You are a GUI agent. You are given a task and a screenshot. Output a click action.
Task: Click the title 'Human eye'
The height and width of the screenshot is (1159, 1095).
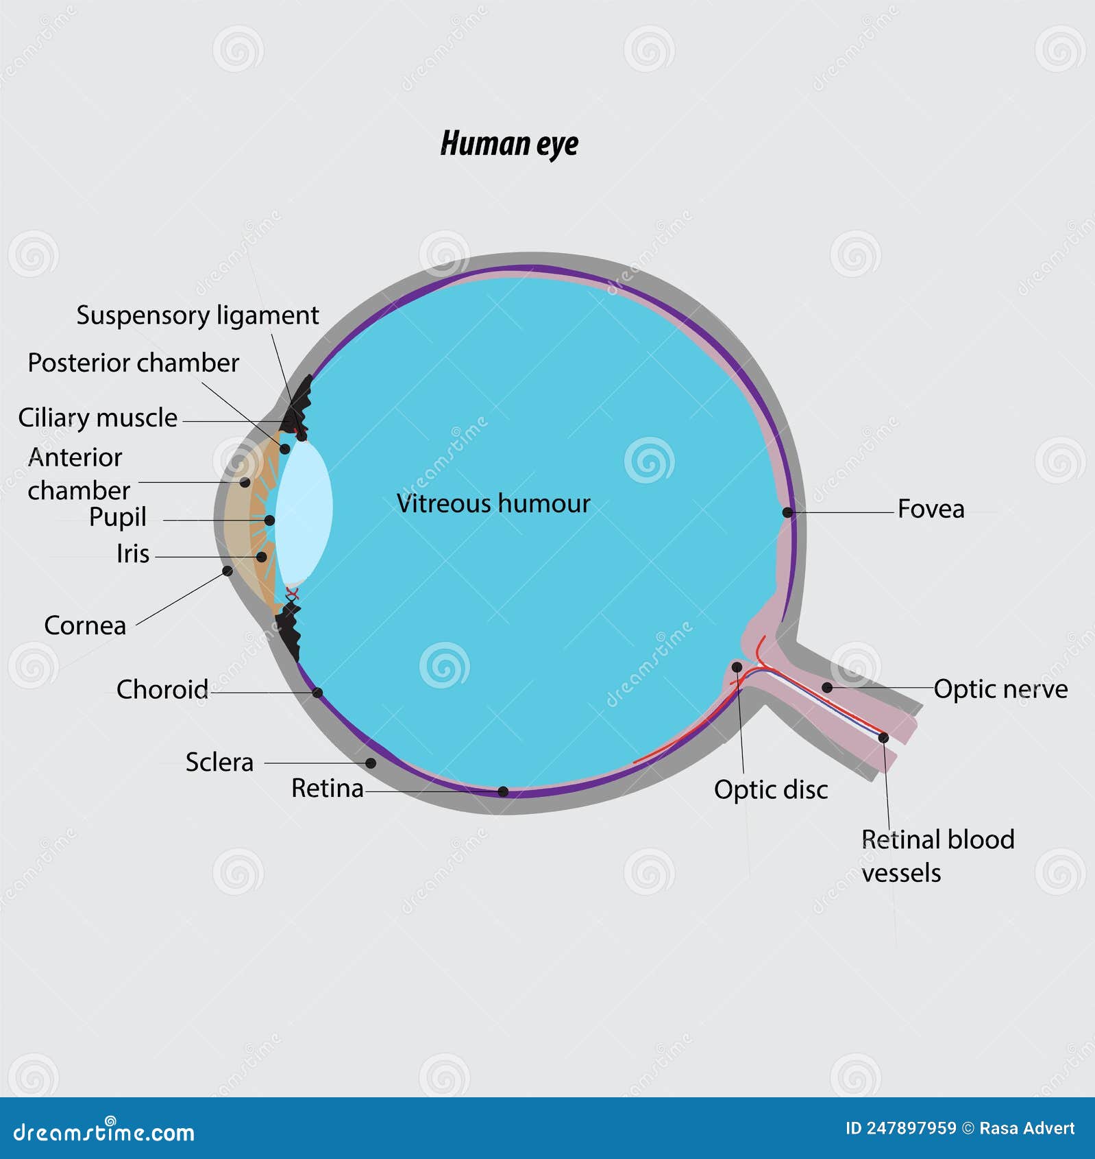pos(509,143)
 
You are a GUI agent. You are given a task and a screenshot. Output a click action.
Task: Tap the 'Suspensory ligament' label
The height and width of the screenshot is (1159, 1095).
pos(197,315)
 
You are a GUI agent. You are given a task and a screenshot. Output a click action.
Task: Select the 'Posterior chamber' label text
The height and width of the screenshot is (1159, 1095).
pos(133,363)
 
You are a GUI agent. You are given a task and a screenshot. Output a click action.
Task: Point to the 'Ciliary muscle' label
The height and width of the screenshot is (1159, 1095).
pos(97,418)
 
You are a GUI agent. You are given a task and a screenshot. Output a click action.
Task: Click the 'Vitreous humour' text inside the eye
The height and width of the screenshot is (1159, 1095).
pos(493,503)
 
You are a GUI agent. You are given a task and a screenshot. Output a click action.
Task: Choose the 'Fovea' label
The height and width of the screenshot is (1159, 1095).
pos(931,509)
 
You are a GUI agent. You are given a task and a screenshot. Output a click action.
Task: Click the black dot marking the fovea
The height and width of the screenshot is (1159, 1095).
pos(787,512)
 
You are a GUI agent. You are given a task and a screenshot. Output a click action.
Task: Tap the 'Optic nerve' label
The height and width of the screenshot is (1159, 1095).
pos(1000,689)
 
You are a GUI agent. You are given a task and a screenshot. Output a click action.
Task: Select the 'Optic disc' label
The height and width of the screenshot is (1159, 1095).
pos(771,789)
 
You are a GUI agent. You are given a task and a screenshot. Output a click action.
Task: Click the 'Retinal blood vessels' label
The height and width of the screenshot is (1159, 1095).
pos(937,855)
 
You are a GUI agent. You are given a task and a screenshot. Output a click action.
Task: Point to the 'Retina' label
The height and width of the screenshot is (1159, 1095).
pos(327,789)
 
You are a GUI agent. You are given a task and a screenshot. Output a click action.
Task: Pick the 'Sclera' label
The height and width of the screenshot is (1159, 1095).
pos(219,762)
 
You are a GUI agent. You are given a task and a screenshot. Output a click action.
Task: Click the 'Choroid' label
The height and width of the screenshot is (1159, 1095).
pos(162,689)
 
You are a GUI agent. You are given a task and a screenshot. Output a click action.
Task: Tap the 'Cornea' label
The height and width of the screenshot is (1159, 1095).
pos(85,625)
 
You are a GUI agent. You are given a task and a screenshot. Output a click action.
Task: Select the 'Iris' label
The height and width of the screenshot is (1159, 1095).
pos(133,553)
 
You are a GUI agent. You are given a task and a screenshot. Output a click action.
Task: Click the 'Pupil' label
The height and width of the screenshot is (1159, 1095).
pos(118,517)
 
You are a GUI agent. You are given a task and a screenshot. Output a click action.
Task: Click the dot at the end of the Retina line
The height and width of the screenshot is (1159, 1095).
pos(503,791)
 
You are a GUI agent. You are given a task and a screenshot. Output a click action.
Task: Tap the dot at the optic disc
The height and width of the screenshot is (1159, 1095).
pos(737,667)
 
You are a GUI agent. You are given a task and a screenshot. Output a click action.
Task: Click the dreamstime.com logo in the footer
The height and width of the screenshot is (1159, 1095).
pos(103,1132)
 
